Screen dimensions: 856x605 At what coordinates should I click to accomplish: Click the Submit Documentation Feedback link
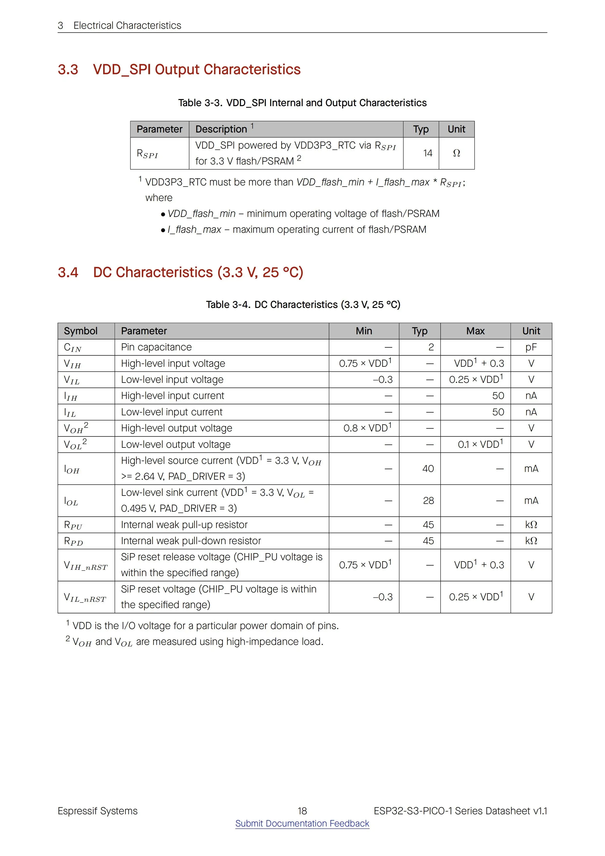coord(302,823)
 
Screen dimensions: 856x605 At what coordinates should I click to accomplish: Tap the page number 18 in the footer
coord(302,811)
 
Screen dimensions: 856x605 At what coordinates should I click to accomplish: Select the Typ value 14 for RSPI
coord(428,153)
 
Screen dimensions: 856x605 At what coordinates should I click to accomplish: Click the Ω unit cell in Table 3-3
coord(456,153)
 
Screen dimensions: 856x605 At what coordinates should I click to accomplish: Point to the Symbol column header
coord(81,331)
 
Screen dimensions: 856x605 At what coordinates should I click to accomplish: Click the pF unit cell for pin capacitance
coord(531,347)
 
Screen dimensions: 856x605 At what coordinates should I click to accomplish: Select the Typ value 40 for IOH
coord(428,469)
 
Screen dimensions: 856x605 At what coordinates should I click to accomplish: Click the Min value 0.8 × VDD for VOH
coord(367,428)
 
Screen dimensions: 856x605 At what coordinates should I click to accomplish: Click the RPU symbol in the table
coord(73,525)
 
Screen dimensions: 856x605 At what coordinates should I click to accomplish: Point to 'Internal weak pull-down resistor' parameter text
coord(191,541)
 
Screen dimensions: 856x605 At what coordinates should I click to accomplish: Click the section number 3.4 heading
coord(68,273)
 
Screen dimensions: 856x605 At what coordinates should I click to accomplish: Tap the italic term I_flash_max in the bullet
coord(194,230)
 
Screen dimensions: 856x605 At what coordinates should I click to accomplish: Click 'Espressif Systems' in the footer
coord(97,811)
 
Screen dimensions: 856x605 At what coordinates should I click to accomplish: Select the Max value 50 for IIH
coord(498,396)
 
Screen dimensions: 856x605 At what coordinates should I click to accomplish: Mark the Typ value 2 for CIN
coord(431,347)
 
